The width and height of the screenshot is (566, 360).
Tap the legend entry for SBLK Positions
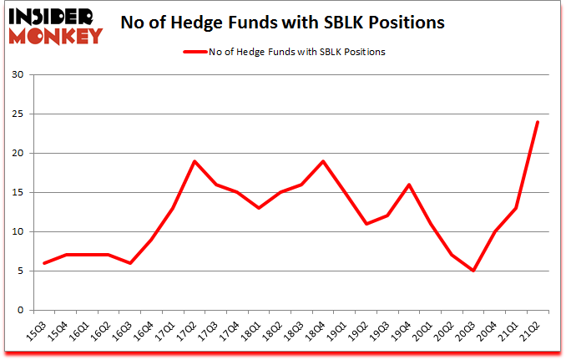[x=285, y=52]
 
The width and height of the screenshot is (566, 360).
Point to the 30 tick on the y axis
[x=19, y=75]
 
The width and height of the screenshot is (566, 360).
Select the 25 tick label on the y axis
[x=19, y=114]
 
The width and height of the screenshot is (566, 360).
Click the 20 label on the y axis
[x=19, y=154]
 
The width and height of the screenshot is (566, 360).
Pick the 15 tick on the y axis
[x=19, y=193]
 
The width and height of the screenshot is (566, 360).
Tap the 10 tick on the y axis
[x=19, y=232]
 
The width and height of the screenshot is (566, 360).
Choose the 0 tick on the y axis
[x=22, y=311]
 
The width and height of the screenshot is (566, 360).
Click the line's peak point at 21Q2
[x=538, y=122]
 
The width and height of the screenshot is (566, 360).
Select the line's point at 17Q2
[x=194, y=161]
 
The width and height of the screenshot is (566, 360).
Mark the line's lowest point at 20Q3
[x=473, y=271]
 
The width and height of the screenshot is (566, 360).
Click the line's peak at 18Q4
[x=321, y=161]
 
